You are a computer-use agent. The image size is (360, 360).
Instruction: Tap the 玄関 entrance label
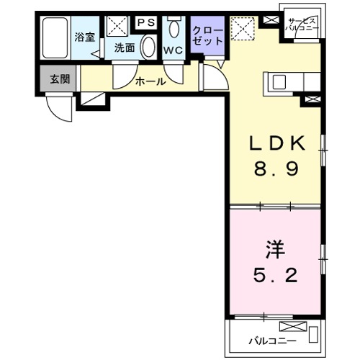60,79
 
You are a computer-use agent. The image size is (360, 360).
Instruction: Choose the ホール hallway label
150,81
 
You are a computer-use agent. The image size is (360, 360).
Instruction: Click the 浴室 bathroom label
85,36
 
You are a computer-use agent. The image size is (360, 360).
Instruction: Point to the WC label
173,51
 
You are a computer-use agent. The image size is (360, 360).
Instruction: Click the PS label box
146,22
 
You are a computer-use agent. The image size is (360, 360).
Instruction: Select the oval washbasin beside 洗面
148,48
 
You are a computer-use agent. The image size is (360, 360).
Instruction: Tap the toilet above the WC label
174,30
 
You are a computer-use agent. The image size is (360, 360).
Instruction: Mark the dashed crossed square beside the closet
242,30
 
